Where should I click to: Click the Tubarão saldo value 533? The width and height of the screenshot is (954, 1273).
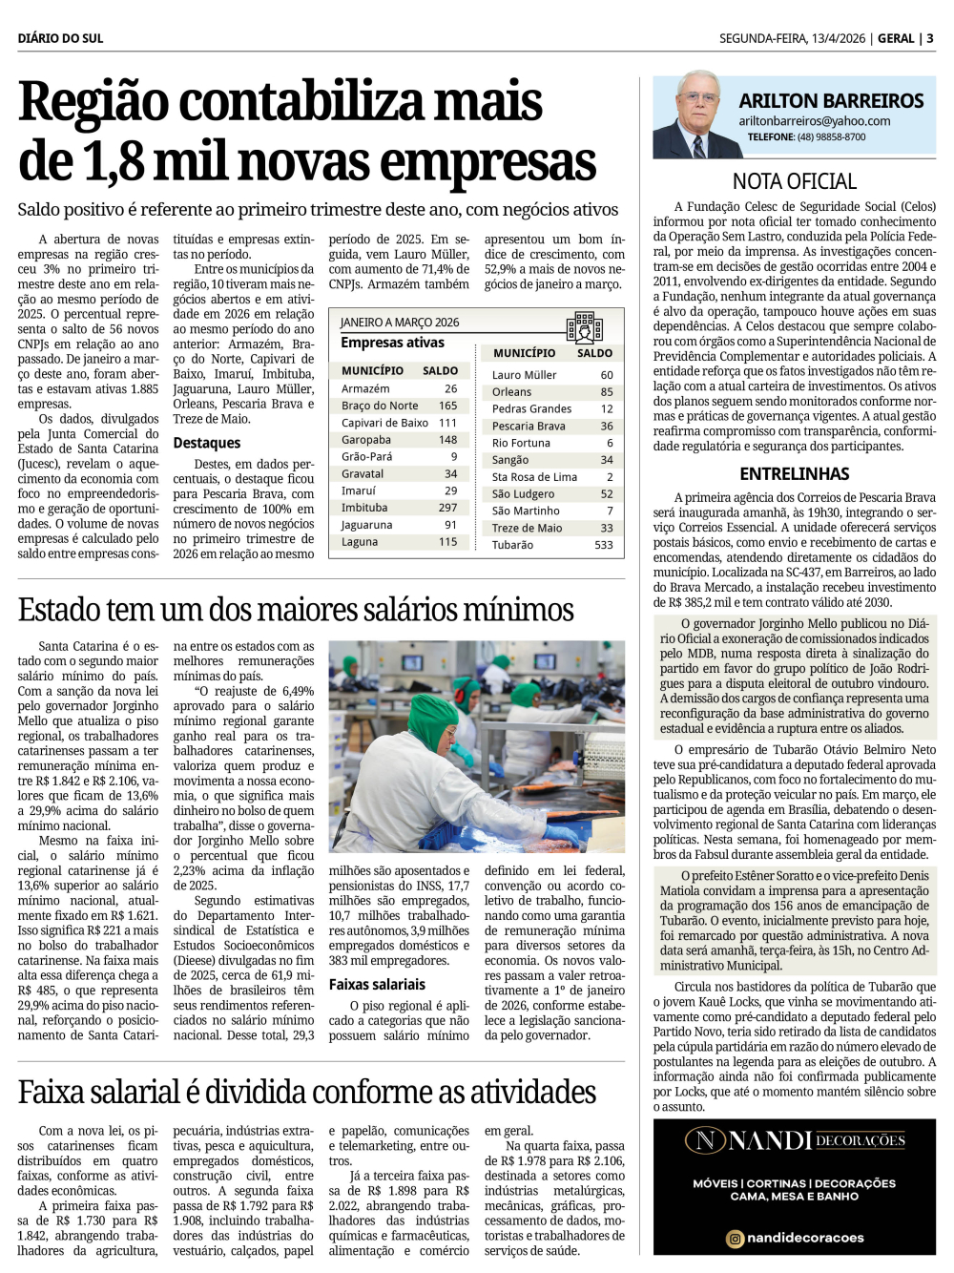click(x=603, y=545)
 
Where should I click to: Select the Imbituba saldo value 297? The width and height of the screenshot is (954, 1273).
click(x=447, y=508)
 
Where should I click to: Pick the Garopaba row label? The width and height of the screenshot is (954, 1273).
click(x=366, y=440)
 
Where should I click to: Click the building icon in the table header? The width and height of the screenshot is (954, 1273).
click(x=584, y=327)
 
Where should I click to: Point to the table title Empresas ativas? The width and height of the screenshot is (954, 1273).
click(x=392, y=343)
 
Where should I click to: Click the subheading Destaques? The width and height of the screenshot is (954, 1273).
click(x=207, y=443)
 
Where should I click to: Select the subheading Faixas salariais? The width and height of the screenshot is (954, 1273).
click(x=377, y=984)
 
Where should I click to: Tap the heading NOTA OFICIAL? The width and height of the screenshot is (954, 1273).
click(x=794, y=181)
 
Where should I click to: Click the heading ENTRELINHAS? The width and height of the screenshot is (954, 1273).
click(x=794, y=473)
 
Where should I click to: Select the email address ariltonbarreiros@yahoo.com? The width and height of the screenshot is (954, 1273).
click(x=814, y=121)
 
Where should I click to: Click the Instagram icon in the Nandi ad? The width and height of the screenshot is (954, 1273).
click(x=735, y=1238)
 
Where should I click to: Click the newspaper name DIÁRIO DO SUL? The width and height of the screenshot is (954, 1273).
click(x=60, y=38)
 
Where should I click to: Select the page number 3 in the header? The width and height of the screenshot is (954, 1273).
click(x=930, y=38)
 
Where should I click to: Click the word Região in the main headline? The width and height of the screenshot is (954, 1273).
click(x=93, y=103)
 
